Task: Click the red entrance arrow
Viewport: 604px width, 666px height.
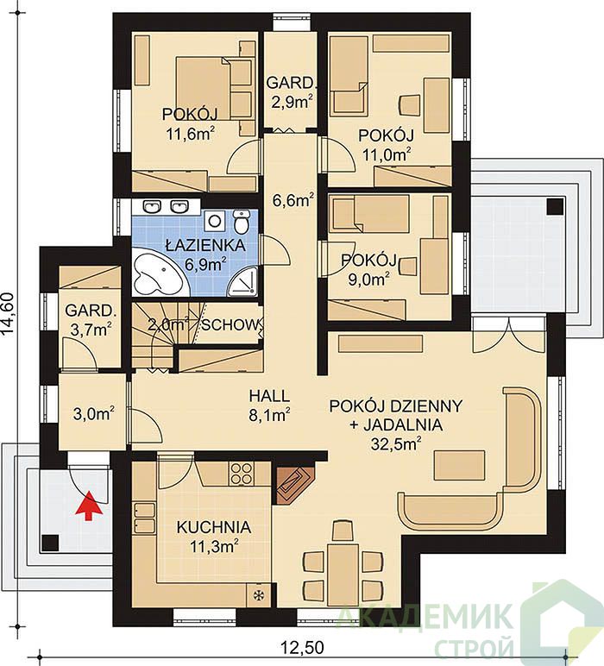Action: pos(89,505)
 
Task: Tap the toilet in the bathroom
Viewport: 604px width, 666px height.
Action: pos(241,221)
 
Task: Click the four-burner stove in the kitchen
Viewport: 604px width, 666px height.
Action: pos(241,473)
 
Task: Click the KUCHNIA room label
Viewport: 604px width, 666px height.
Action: pos(214,527)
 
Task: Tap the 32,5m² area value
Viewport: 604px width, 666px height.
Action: pos(396,443)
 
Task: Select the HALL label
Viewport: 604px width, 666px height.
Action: pos(269,396)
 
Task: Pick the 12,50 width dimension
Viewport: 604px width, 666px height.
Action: pos(302,648)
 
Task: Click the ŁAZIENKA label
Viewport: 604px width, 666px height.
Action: pos(205,246)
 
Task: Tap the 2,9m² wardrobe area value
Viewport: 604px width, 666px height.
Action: pos(290,102)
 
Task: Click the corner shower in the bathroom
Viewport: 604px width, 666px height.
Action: pos(243,281)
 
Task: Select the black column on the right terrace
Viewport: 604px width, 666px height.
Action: pos(556,206)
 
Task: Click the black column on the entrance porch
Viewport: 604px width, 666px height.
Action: pos(50,543)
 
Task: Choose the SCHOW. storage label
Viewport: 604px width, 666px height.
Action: pos(230,325)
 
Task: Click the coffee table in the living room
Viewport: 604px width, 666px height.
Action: pos(459,466)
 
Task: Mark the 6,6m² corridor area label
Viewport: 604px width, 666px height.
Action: pos(293,200)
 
